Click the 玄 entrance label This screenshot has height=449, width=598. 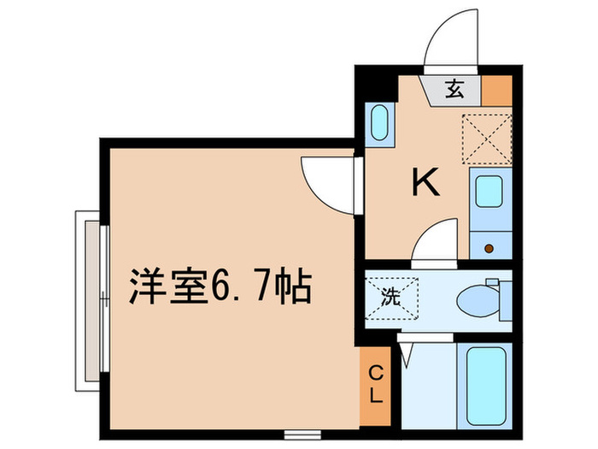pyautogui.click(x=454, y=88)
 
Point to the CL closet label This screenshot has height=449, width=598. pyautogui.click(x=376, y=387)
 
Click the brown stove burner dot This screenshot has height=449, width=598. pyautogui.click(x=490, y=248)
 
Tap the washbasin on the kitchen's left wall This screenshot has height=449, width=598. pyautogui.click(x=379, y=123)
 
